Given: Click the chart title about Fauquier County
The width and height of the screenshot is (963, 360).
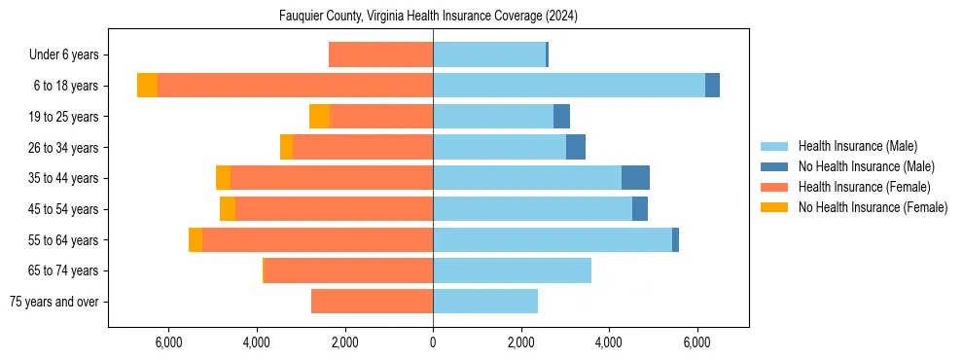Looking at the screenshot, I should [x=428, y=17].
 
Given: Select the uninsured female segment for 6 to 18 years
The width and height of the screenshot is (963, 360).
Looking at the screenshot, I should [x=147, y=86].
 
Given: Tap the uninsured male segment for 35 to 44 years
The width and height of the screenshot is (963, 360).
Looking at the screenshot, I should [x=635, y=178].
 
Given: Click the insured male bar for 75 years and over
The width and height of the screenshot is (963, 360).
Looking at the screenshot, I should [x=485, y=302].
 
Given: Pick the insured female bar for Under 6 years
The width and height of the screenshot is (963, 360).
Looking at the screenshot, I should [x=380, y=54].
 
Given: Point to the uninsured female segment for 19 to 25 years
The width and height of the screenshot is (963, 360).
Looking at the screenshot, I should [x=319, y=117].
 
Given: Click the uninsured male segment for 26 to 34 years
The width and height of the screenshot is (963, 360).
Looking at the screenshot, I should [x=576, y=147].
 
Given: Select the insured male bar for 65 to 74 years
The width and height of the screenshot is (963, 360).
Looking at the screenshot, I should [x=512, y=270].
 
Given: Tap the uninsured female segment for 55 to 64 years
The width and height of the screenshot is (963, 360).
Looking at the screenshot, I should [x=196, y=239].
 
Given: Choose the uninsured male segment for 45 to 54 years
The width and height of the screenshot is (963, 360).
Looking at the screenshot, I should [x=640, y=209].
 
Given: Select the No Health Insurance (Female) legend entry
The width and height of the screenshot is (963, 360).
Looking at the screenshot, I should [x=873, y=207].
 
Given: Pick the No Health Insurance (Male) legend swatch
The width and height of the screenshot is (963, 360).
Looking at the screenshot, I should [x=774, y=166].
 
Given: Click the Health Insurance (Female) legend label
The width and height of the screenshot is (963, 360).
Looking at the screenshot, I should [x=865, y=187].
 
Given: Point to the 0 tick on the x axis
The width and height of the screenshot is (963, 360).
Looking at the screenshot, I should [x=433, y=342].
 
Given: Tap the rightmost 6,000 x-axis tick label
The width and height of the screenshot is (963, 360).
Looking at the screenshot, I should [x=697, y=342].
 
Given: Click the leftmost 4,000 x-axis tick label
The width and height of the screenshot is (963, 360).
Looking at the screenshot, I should [x=257, y=342].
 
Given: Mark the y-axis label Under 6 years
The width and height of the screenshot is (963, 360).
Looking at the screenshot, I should [x=69, y=54].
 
